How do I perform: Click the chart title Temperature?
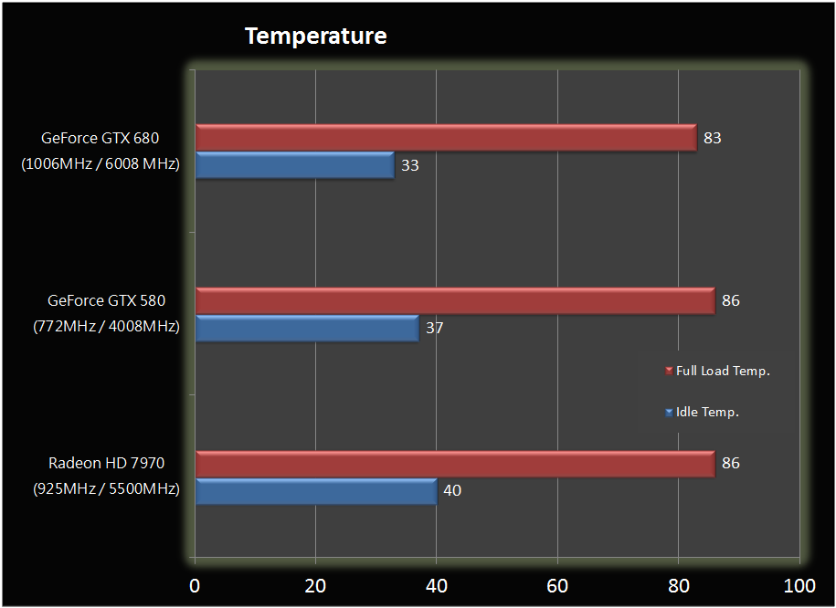coord(315,37)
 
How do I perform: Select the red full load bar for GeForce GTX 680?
coord(446,138)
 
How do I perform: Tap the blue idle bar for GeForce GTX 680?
coord(294,165)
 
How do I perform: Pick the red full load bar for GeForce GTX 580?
coord(455,300)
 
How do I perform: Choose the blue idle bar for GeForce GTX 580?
coord(307,328)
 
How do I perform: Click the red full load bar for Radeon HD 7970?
coord(455,464)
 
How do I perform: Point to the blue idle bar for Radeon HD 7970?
coord(316,490)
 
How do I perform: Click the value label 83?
coord(713,139)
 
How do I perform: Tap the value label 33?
coord(410,166)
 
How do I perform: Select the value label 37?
coord(434,328)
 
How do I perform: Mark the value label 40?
coord(452,491)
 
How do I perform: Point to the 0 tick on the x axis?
coord(195,584)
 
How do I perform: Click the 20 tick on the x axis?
coord(314,584)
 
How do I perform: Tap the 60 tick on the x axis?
coord(557,584)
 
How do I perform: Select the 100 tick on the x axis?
coord(799,584)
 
